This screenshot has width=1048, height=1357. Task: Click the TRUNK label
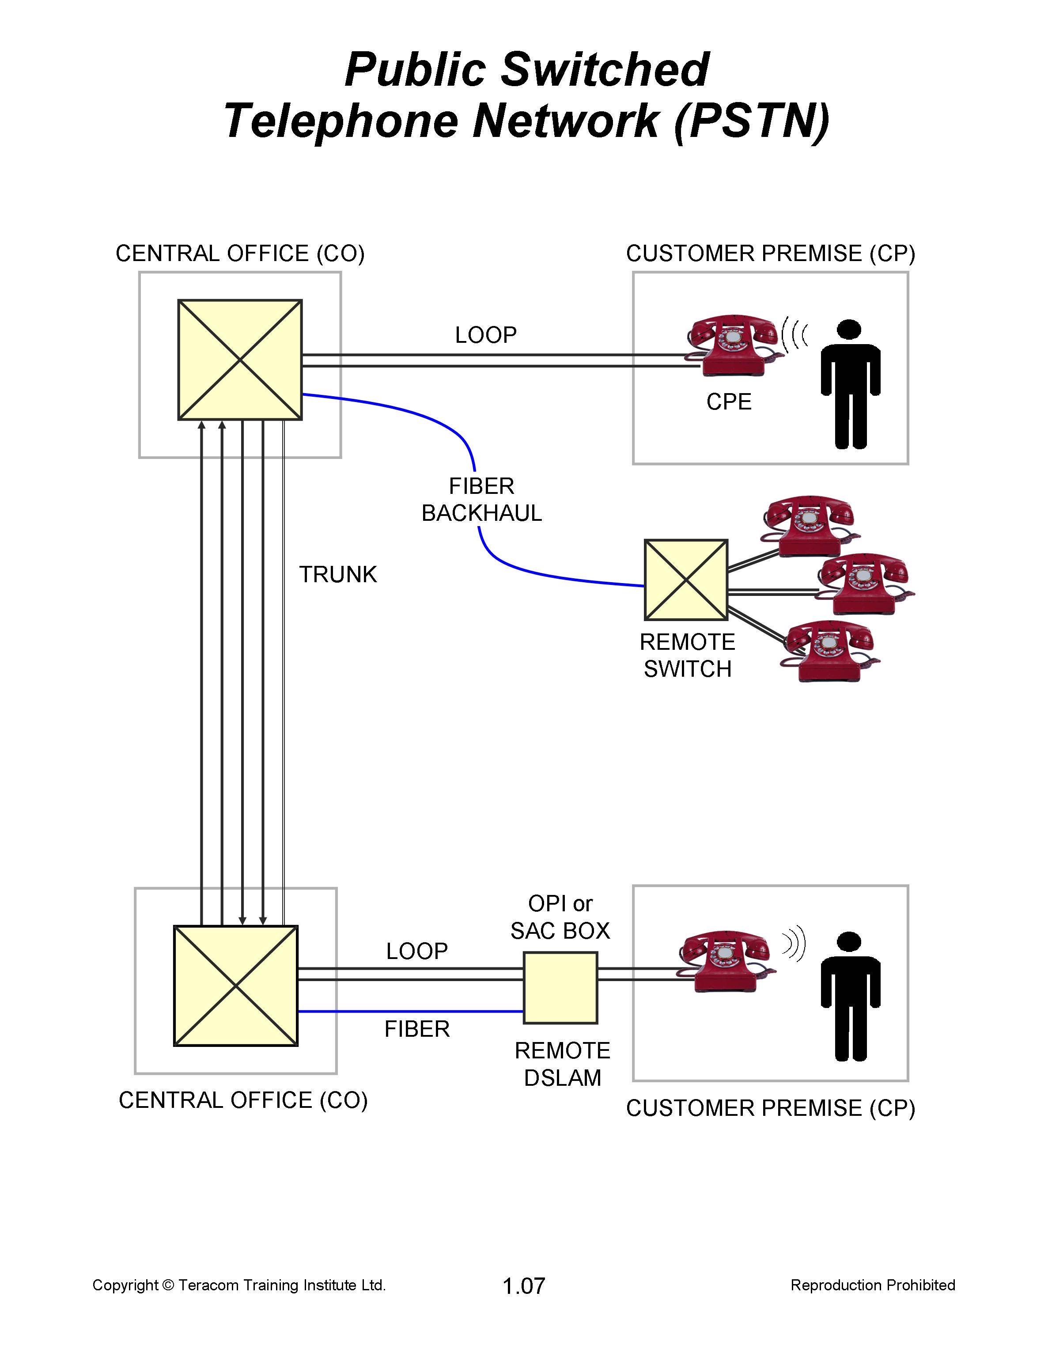338,574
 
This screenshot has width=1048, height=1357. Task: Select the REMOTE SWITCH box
686,580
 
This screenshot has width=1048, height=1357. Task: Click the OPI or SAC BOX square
560,987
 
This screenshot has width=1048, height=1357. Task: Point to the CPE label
729,402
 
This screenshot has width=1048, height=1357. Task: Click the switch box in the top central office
240,360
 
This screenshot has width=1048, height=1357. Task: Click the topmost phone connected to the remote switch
808,525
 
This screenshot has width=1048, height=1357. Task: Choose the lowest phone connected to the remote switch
829,651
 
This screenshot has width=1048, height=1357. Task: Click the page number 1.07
524,1285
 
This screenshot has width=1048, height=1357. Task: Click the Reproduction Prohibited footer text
872,1285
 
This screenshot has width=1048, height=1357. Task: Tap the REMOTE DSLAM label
562,1064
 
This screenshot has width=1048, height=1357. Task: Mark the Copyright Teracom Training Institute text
239,1285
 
